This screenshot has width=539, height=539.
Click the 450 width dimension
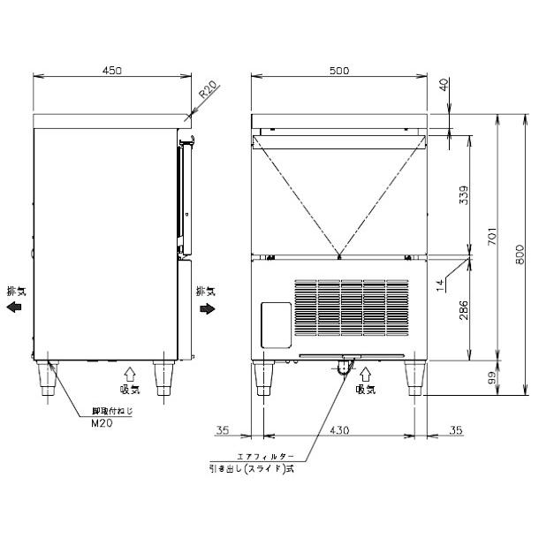pos(112,71)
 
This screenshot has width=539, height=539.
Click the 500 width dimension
pos(339,71)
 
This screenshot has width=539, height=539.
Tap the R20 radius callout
pos(208,89)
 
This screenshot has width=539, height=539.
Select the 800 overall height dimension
pos(520,254)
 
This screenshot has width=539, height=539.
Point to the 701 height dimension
pos(492,236)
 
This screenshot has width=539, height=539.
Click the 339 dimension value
pos(464,195)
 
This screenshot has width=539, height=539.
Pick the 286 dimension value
pos(464,310)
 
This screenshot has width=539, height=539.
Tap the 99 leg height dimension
pos(492,378)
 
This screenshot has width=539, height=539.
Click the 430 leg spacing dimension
pos(339,430)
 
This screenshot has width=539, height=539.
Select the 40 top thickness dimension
pos(444,85)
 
